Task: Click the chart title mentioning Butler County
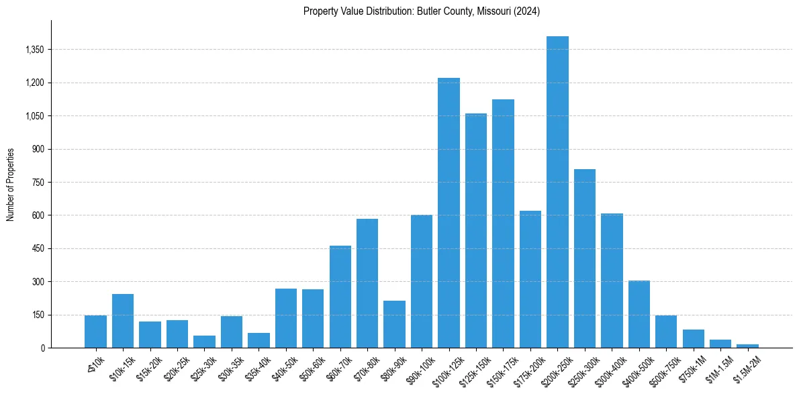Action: coord(422,11)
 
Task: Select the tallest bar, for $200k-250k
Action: coord(557,192)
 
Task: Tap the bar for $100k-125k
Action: coord(449,213)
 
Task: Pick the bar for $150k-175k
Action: coord(503,224)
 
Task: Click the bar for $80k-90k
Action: coord(394,324)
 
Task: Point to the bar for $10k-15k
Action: coord(123,321)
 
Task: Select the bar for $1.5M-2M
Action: coord(747,346)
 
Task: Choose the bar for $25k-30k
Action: coord(204,342)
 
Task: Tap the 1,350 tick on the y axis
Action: coord(34,50)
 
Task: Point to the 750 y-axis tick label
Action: coord(38,183)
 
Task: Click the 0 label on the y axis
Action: coord(42,348)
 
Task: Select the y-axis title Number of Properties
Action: coord(11,185)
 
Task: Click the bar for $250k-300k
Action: coord(585,258)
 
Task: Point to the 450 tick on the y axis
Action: coord(38,249)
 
